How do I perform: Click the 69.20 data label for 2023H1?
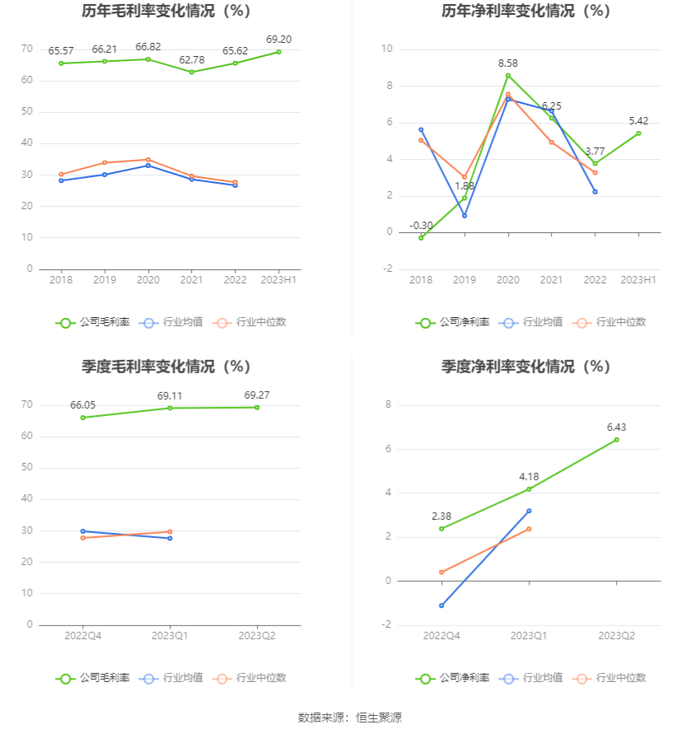coord(278,39)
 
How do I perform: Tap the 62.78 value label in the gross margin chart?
coord(191,59)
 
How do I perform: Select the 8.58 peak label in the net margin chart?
coord(508,63)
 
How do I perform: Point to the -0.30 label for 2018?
coord(421,225)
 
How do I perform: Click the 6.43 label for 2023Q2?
coord(616,427)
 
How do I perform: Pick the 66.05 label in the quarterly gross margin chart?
coord(83,404)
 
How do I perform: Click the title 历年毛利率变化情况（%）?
coord(166,12)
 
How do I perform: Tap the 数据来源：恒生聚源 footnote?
coord(350,718)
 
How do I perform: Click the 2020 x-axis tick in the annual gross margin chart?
coord(147,280)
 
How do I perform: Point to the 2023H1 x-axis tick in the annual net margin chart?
coord(638,280)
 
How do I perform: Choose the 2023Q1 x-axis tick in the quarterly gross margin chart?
coord(170,636)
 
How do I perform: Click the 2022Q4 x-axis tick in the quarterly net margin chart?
coord(441,636)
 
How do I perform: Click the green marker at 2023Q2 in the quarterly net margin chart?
coord(616,440)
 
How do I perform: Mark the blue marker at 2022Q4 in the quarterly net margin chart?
coord(441,605)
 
